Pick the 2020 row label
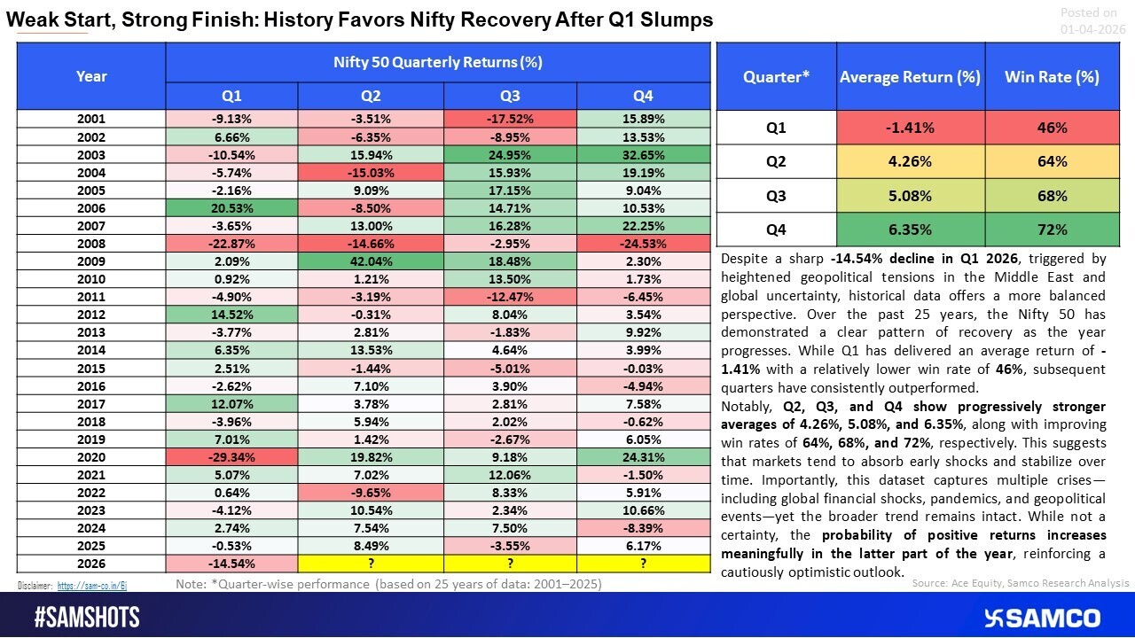pyautogui.click(x=91, y=456)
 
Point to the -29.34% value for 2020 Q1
pyautogui.click(x=231, y=456)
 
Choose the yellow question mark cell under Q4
pyautogui.click(x=643, y=562)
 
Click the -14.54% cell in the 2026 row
pyautogui.click(x=231, y=562)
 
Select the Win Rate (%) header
pyautogui.click(x=1051, y=76)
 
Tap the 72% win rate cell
pyautogui.click(x=1051, y=230)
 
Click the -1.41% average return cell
pyautogui.click(x=910, y=128)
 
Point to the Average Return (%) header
pyautogui.click(x=910, y=76)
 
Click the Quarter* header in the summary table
pyautogui.click(x=777, y=76)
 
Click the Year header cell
pyautogui.click(x=91, y=76)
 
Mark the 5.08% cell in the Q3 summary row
pyautogui.click(x=910, y=196)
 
